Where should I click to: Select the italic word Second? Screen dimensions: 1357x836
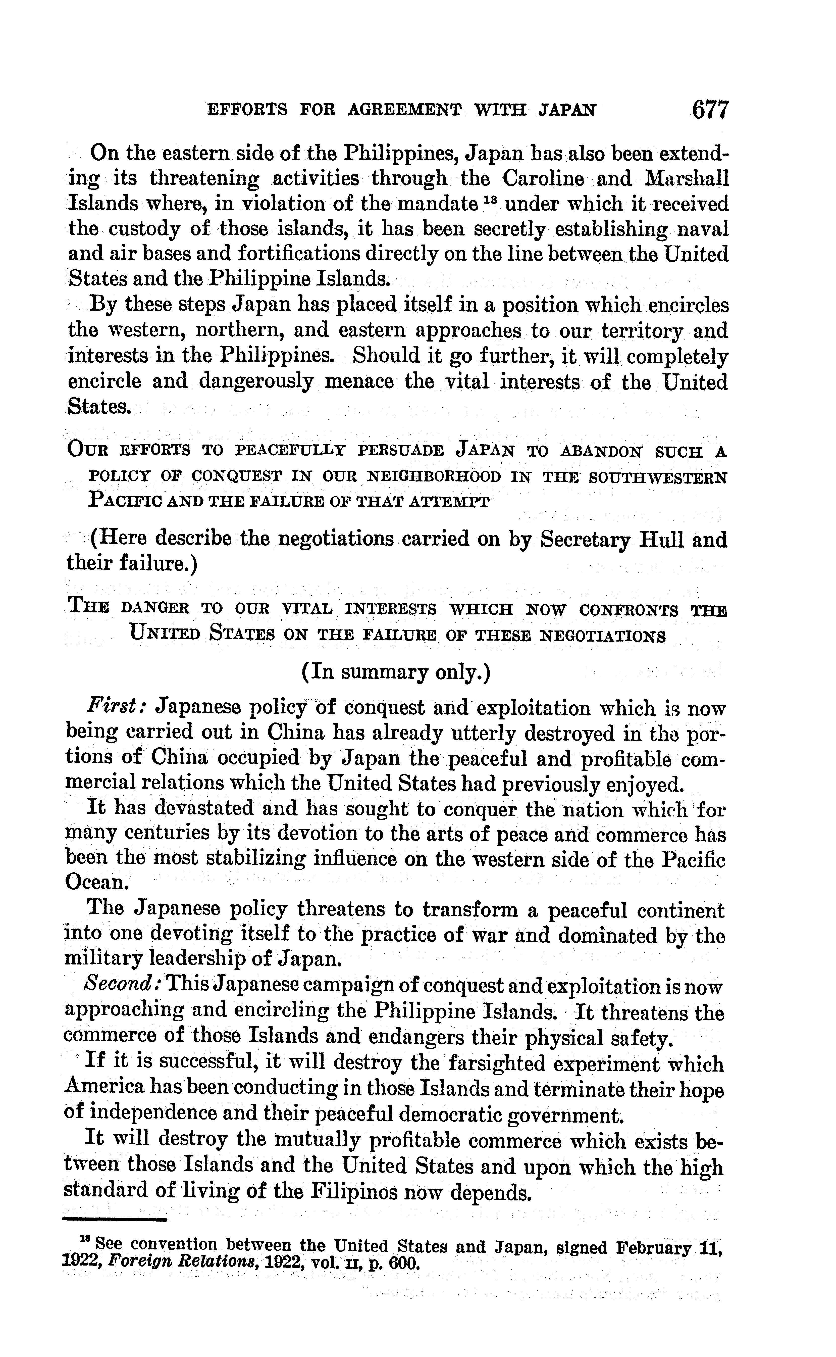tap(122, 987)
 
